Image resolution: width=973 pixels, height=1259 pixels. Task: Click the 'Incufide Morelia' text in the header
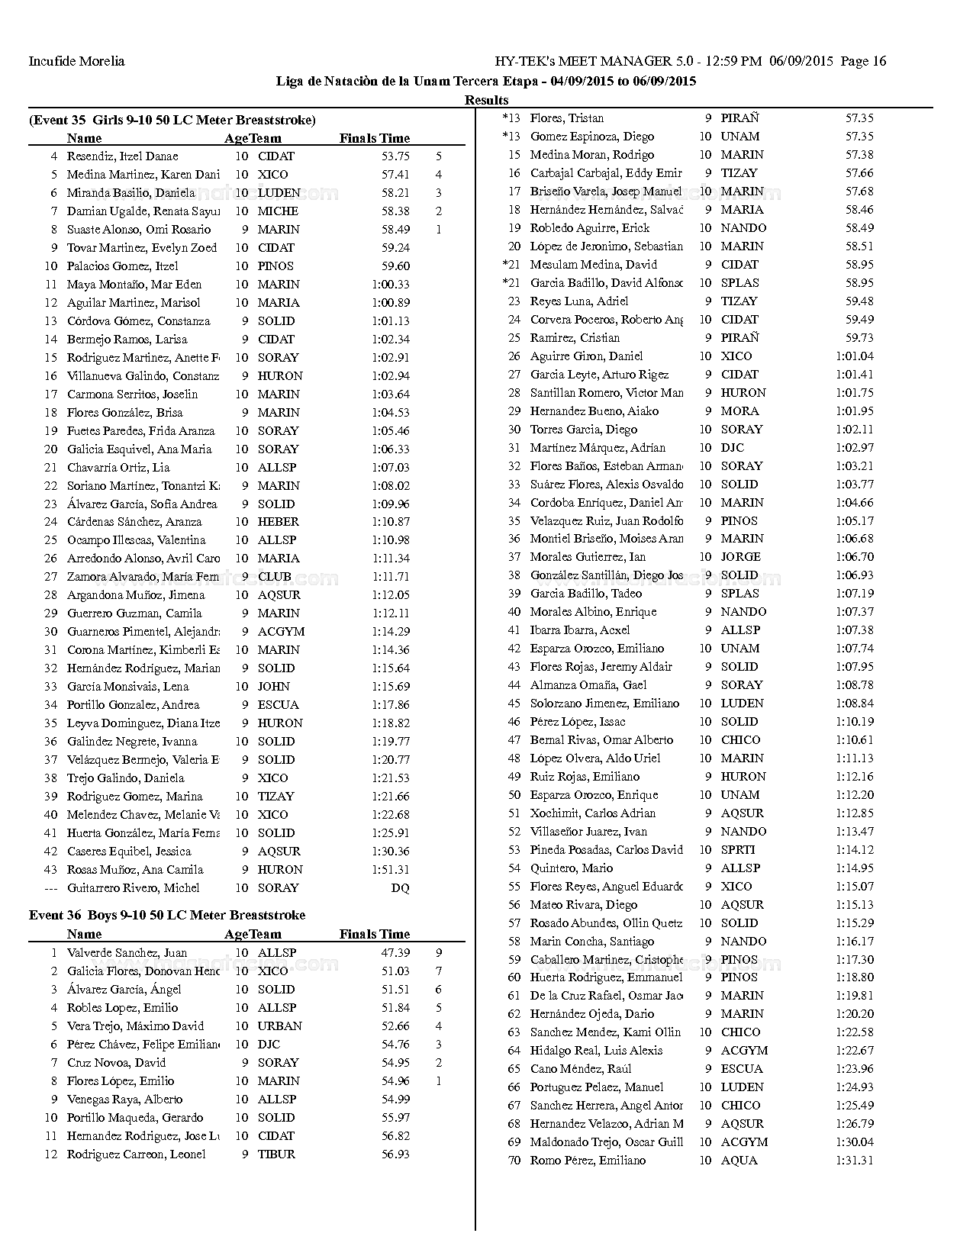76,61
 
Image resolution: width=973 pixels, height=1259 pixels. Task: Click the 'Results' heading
486,100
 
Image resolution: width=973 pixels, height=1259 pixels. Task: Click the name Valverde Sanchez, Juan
127,952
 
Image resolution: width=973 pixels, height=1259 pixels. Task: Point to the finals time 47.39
395,952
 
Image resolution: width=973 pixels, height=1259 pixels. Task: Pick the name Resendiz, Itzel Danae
122,156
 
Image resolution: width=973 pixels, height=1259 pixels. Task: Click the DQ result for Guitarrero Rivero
400,887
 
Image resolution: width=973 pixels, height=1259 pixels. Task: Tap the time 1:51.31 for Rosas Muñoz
391,869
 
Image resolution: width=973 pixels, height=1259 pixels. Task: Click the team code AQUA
739,1160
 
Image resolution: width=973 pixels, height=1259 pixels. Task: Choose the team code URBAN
279,1026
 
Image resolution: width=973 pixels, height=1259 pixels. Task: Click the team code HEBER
278,522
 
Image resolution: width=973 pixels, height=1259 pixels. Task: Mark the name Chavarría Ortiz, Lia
118,467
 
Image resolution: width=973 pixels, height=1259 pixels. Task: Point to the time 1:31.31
855,1160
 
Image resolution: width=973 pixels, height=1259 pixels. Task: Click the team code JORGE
740,557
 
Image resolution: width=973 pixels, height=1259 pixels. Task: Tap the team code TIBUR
276,1154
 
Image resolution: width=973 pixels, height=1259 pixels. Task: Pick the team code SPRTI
738,849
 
